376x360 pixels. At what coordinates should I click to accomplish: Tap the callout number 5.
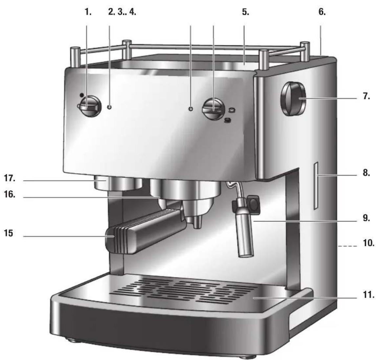pos(245,12)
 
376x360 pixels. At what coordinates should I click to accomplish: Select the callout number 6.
pos(322,12)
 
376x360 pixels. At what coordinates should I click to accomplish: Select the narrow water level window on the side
pos(316,185)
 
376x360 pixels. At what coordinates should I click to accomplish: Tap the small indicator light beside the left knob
pos(109,107)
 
